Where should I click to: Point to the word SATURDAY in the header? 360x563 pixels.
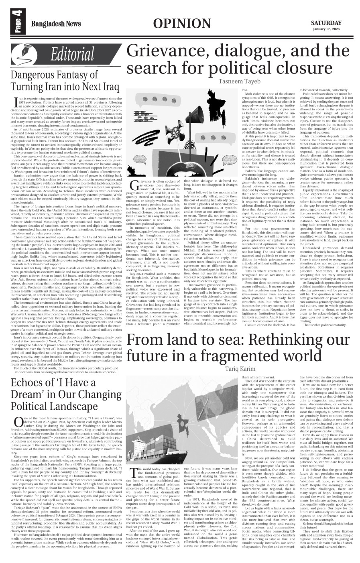pyautogui.click(x=327, y=23)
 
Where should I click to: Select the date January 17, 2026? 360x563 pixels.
pyautogui.click(x=327, y=30)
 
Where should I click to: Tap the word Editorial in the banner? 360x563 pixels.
pyautogui.click(x=72, y=55)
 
